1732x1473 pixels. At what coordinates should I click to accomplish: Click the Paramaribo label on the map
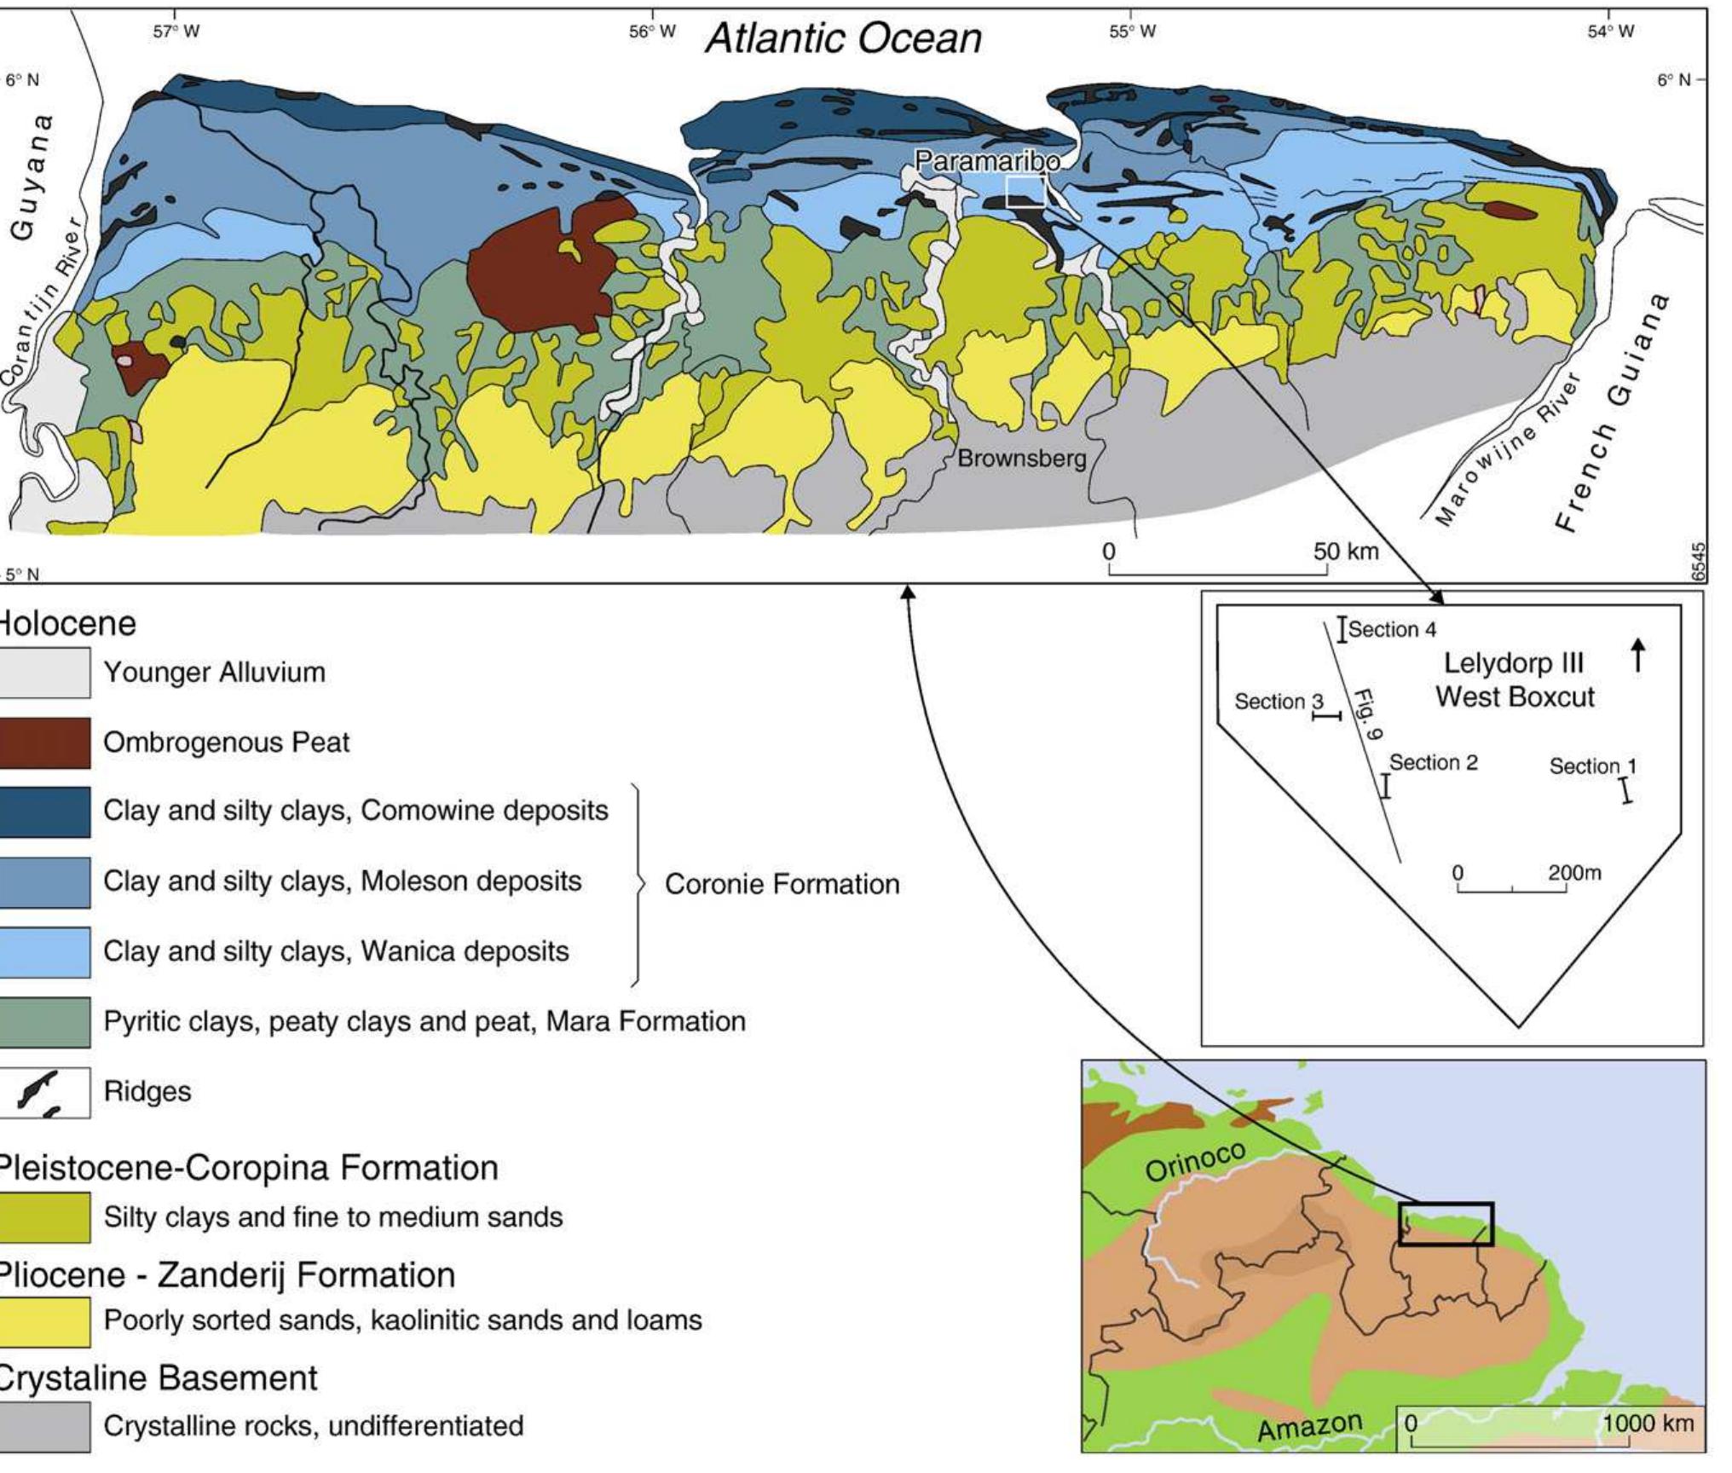tap(986, 160)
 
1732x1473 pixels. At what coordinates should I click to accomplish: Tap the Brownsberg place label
tap(1021, 459)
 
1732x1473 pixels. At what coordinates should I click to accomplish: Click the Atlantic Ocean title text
tap(843, 38)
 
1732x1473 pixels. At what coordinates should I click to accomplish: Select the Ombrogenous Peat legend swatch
tap(44, 742)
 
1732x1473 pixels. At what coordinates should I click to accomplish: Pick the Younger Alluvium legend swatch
tap(44, 673)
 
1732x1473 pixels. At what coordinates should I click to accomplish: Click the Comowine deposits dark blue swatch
tap(44, 812)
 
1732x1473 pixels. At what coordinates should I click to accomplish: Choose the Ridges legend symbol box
tap(44, 1092)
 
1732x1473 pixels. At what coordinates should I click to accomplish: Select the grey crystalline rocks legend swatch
tap(44, 1426)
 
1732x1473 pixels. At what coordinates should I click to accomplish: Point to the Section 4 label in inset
tap(1391, 630)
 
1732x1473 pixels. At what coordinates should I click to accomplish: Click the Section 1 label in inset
tap(1591, 766)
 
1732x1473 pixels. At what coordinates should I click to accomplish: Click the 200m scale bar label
tap(1574, 873)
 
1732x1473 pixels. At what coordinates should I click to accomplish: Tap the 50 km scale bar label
tap(1345, 552)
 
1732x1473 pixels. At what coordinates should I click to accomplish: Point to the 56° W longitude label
tap(652, 32)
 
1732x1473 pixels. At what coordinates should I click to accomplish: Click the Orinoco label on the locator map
tap(1195, 1161)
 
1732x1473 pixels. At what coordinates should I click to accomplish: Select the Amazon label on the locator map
tap(1309, 1425)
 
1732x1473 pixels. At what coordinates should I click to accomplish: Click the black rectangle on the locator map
tap(1446, 1224)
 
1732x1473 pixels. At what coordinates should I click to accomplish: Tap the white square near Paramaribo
tap(1025, 191)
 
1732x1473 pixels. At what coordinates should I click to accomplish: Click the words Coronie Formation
tap(782, 884)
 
